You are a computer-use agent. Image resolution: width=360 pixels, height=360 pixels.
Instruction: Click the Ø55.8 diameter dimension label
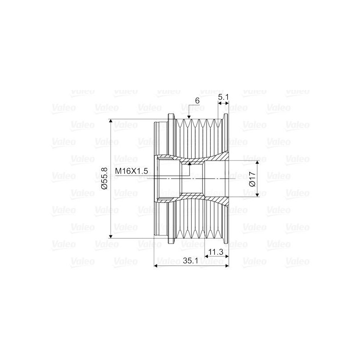click(103, 179)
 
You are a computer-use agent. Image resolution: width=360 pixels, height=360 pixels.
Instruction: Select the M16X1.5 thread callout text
click(131, 171)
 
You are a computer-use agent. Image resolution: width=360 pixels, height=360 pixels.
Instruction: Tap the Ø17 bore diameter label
click(253, 178)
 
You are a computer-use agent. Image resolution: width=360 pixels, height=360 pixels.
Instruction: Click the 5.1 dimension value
click(224, 97)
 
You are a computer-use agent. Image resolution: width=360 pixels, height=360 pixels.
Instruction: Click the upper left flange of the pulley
click(171, 118)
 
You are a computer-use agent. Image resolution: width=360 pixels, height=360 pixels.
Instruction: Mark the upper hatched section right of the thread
click(214, 159)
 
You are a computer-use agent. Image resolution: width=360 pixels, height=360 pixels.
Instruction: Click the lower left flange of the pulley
click(171, 238)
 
